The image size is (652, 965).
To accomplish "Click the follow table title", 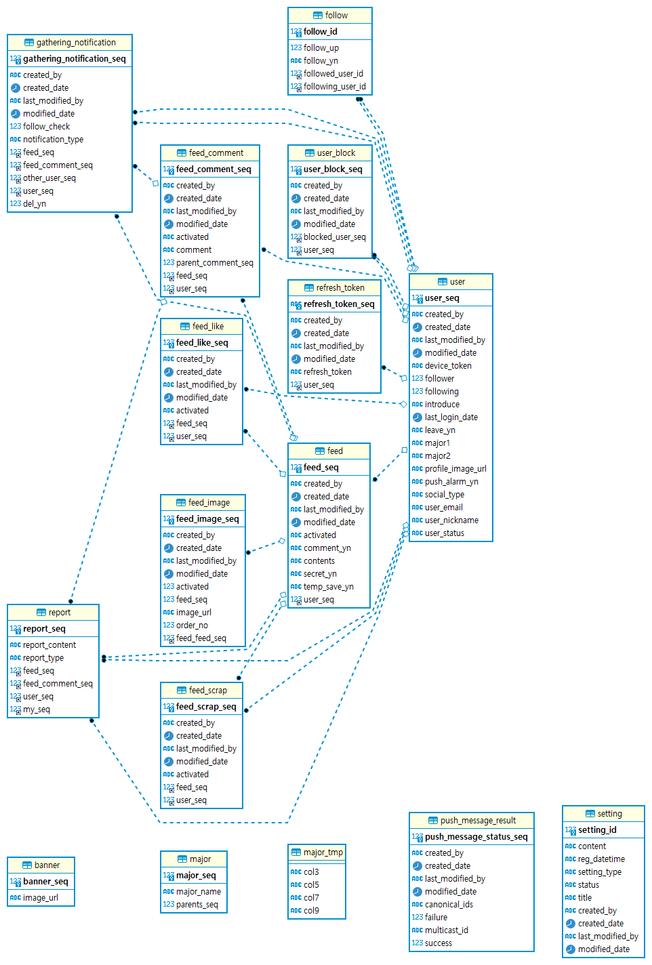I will point(336,16).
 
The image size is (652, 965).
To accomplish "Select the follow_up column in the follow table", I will point(321,48).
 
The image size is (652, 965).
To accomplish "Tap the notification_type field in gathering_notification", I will point(53,140).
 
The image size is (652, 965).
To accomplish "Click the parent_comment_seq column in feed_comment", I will point(214,263).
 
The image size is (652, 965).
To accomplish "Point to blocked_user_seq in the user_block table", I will point(334,237).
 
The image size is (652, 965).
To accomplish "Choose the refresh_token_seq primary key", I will point(339,304).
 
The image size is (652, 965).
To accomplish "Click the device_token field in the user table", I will point(448,366).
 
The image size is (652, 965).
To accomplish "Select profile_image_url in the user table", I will point(455,469).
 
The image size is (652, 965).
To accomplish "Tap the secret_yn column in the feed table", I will point(320,574).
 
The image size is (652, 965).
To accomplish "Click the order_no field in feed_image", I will point(192,625).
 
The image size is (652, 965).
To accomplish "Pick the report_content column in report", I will point(49,645).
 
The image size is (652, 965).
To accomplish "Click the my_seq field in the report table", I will point(37,710).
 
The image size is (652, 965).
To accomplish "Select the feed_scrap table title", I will point(208,691).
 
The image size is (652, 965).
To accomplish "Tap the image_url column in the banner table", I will point(41,898).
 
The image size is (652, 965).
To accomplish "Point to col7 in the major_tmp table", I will point(311,898).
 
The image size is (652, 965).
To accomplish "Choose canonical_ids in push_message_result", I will point(449,905).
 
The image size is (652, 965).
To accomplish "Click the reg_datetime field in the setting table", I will point(601,859).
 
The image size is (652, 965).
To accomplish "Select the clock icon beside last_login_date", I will point(417,417).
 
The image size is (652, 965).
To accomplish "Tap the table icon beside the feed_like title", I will point(184,327).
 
